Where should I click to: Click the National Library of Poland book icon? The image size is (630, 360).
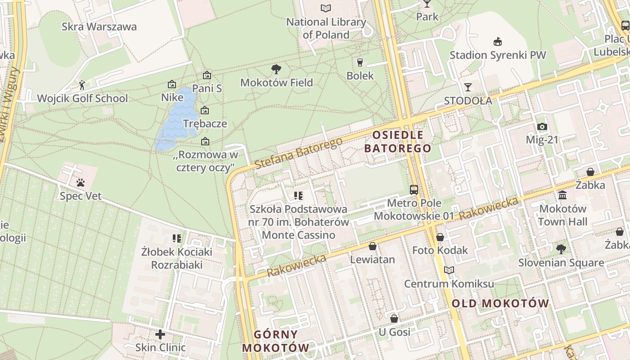coord(325,8)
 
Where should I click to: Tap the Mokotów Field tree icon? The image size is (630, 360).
coord(276,69)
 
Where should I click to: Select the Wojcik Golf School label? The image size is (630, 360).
coord(82,98)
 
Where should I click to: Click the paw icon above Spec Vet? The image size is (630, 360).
coord(81,183)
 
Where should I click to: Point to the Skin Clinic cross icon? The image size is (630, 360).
coord(160,334)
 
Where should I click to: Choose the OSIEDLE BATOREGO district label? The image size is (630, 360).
coord(398,141)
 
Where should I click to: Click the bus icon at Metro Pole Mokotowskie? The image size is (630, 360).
coord(414,190)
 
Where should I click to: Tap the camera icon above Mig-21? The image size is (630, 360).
coord(542,126)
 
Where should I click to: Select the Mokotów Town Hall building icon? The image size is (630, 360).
coord(562,195)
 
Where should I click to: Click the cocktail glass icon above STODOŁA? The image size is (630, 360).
coord(468,87)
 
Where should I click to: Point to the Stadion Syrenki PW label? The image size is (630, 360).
coord(498,55)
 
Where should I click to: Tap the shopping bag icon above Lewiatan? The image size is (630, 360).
coord(372,246)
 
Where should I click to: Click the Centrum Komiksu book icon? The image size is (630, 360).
coord(449,270)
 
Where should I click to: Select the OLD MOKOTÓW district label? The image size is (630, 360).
coord(500,303)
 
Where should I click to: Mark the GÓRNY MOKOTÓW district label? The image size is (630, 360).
coord(276,341)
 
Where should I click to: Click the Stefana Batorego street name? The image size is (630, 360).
coord(298,153)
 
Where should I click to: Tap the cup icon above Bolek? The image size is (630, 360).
coord(360,62)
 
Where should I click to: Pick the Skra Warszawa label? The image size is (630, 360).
coord(99,27)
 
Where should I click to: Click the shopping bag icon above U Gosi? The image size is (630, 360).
coord(394,319)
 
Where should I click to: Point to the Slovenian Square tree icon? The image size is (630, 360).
coord(561,249)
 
